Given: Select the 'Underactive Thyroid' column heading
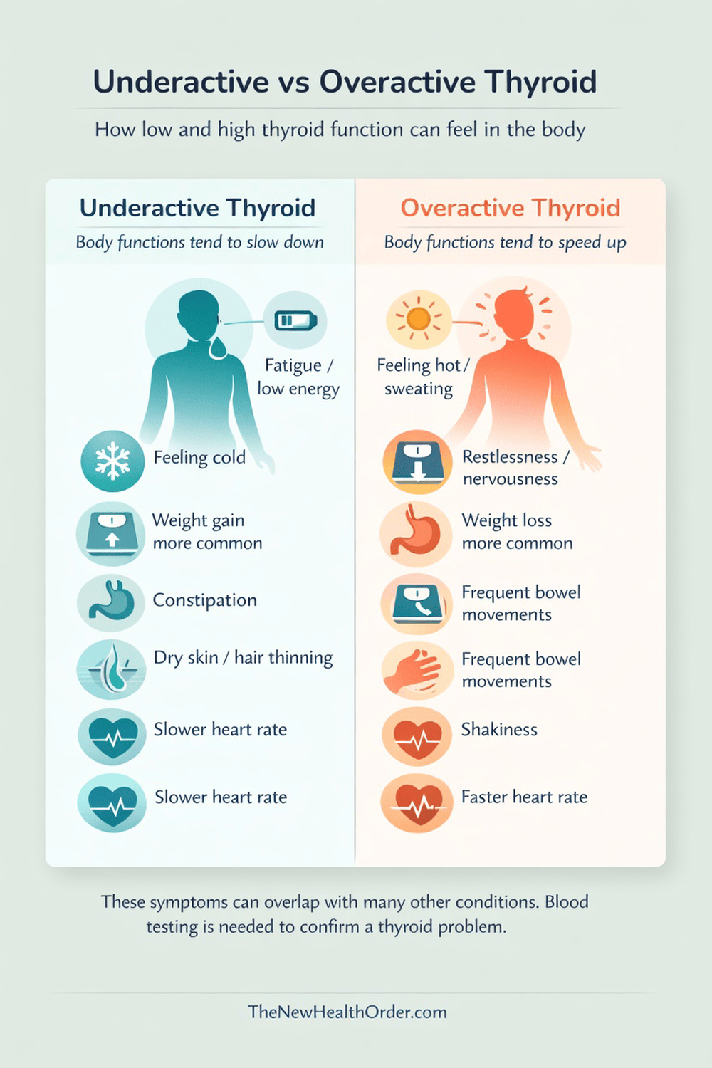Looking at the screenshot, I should click(x=197, y=208).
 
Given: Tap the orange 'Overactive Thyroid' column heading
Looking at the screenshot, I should click(x=511, y=208).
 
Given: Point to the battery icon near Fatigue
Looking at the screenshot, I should click(x=295, y=320).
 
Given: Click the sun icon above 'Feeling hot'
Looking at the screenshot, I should click(x=418, y=318).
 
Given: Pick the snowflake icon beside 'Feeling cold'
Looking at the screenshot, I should click(x=112, y=461).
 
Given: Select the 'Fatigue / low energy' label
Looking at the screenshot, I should click(x=298, y=377).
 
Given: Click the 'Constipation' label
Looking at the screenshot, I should click(x=204, y=600).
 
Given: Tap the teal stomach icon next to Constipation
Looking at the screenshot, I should click(x=111, y=603).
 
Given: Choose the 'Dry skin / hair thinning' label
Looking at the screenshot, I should click(x=243, y=658).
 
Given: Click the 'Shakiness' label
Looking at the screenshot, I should click(x=499, y=730).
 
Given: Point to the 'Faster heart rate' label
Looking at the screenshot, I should click(x=524, y=797).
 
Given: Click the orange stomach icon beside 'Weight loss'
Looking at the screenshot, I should click(x=416, y=533).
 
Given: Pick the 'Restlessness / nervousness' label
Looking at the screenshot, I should click(x=515, y=468).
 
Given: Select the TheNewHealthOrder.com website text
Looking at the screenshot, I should click(x=347, y=1012).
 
